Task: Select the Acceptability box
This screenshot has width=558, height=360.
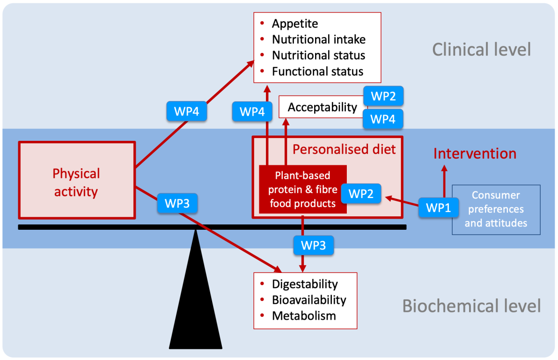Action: [x=322, y=107]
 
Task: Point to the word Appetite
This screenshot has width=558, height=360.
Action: [x=295, y=24]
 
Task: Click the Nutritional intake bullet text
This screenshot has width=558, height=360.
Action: [x=318, y=39]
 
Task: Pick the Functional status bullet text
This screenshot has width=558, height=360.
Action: [x=317, y=72]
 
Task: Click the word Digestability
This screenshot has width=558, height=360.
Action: [x=305, y=284]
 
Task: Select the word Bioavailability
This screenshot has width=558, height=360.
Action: [x=309, y=300]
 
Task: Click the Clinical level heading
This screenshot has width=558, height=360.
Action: [x=481, y=49]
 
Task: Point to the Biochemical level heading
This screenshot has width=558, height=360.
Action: [x=471, y=306]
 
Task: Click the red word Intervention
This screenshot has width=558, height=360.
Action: [x=475, y=154]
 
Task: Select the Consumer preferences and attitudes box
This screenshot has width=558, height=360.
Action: [x=495, y=210]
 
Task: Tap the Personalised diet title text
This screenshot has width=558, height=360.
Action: [x=344, y=149]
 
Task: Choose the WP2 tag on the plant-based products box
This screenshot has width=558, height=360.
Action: [x=361, y=194]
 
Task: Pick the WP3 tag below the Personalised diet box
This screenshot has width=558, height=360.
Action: [x=314, y=245]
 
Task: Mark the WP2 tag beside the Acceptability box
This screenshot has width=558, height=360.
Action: [x=383, y=96]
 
